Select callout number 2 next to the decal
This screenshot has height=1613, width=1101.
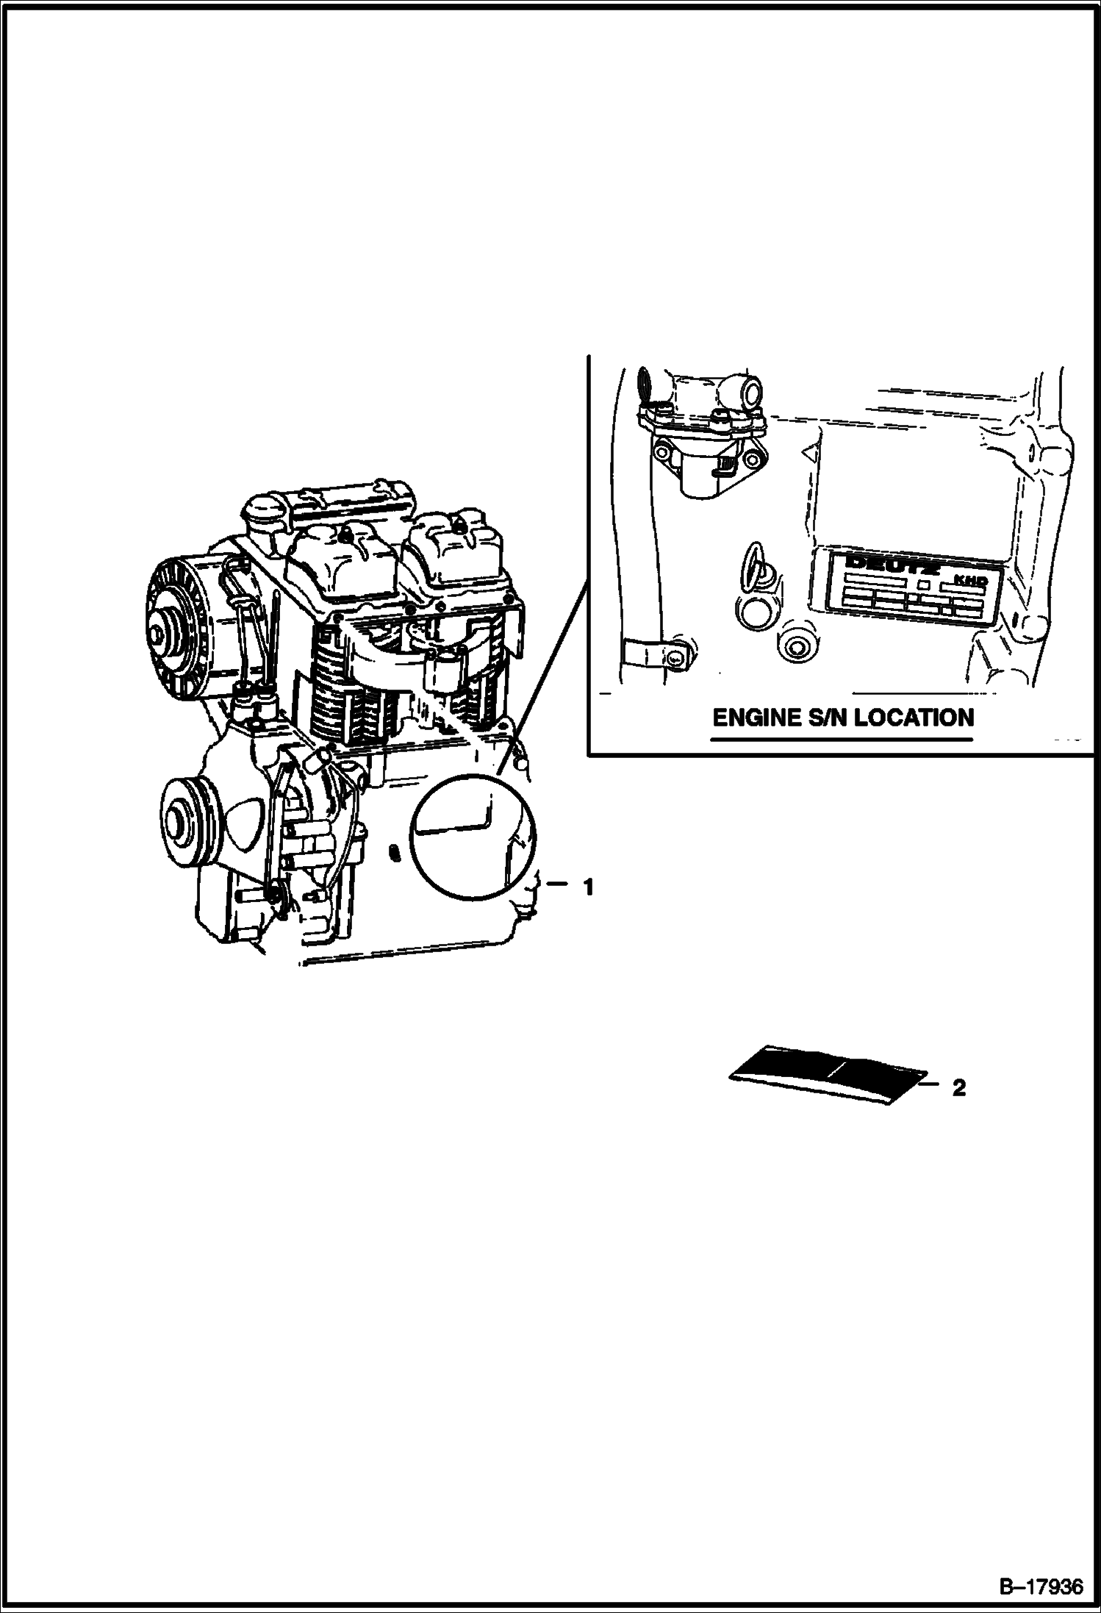[958, 1088]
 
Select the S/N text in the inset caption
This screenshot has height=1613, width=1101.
[831, 718]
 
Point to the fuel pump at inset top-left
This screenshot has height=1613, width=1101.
[702, 429]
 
